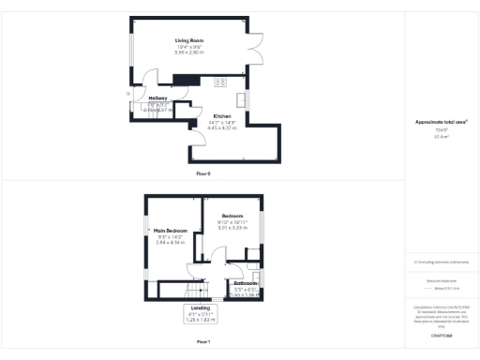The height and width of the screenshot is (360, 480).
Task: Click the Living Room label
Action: pyautogui.click(x=189, y=41)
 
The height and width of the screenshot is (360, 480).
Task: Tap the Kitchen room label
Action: pyautogui.click(x=221, y=115)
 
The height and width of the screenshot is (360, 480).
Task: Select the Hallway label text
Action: pyautogui.click(x=146, y=97)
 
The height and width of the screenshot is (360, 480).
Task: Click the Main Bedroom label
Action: pyautogui.click(x=172, y=230)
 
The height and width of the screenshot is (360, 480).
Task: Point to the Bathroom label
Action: pyautogui.click(x=246, y=283)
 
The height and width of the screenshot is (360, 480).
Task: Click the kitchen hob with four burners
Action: pyautogui.click(x=222, y=82)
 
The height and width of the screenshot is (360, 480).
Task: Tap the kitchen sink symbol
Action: pyautogui.click(x=242, y=98)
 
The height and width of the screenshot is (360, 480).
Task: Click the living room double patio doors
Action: pyautogui.click(x=253, y=43)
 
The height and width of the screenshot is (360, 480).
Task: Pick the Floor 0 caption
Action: pyautogui.click(x=203, y=174)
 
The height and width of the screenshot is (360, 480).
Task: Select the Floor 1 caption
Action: pyautogui.click(x=203, y=342)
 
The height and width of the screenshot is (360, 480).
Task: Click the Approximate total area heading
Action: pyautogui.click(x=441, y=122)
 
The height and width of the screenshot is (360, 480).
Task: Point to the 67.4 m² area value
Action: pyautogui.click(x=441, y=136)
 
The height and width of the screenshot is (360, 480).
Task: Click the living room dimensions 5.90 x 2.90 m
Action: pyautogui.click(x=189, y=52)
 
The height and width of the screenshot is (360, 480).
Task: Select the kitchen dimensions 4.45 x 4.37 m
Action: pyautogui.click(x=221, y=127)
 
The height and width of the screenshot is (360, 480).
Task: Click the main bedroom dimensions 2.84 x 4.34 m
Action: pyautogui.click(x=172, y=242)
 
